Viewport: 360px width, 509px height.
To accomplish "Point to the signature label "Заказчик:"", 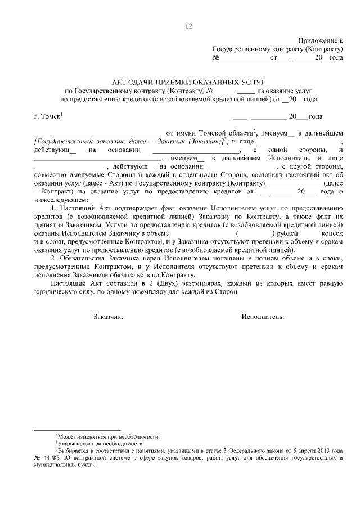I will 108,316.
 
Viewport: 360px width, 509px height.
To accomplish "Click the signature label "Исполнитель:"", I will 263,316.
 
